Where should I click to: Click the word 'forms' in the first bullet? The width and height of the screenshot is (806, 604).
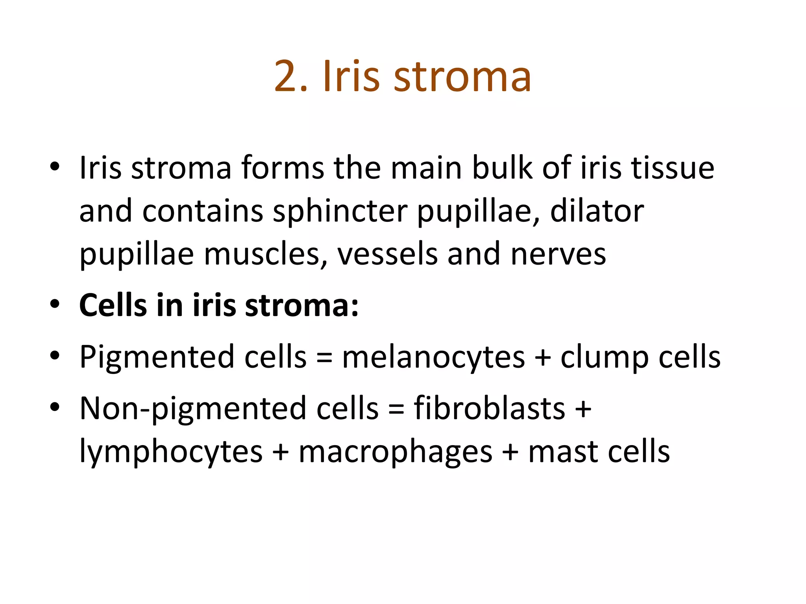(283, 168)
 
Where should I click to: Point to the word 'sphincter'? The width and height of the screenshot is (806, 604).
(340, 211)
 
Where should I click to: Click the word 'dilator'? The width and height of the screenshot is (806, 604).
(597, 211)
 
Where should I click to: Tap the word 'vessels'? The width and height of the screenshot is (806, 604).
(387, 254)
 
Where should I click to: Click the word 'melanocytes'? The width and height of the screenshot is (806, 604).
(433, 357)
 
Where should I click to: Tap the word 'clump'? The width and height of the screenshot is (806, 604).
(604, 357)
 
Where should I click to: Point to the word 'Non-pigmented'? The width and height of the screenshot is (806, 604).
(193, 409)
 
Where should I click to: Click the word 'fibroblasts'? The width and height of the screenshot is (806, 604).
(490, 409)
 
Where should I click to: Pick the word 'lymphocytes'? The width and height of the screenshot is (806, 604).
(171, 452)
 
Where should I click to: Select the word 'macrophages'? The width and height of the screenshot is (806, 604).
(395, 452)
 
